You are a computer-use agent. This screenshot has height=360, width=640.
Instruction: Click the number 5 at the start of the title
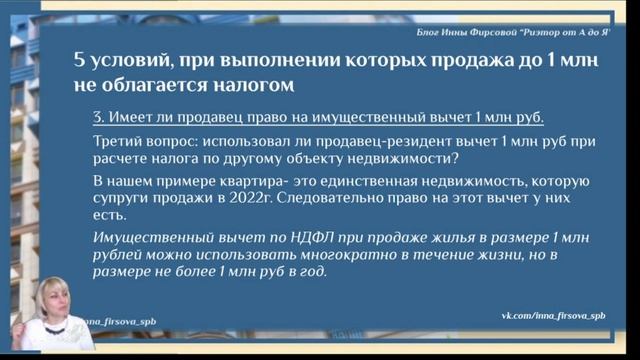point(81,60)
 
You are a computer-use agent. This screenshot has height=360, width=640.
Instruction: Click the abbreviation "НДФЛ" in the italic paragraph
point(283,237)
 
